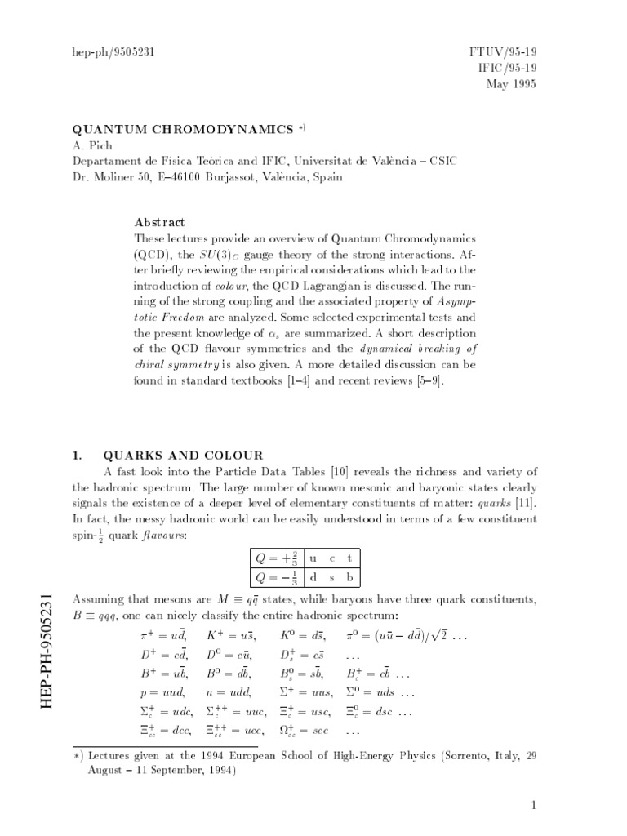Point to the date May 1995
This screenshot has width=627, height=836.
click(511, 84)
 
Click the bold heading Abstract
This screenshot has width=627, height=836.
click(159, 222)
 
